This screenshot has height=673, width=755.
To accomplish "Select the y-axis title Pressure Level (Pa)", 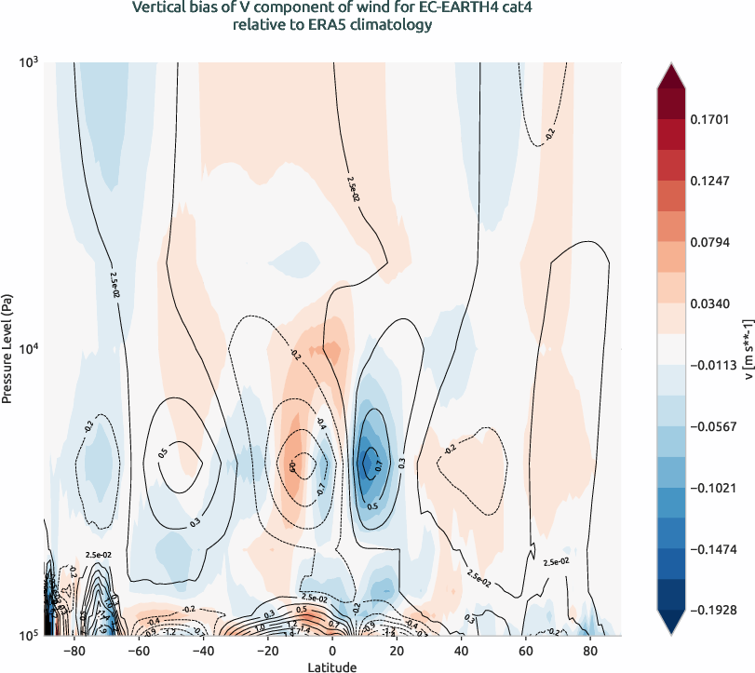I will click(x=7, y=350).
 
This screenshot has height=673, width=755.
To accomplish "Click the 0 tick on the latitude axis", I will click(x=332, y=652).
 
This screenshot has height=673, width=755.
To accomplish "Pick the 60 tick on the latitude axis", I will click(x=525, y=652).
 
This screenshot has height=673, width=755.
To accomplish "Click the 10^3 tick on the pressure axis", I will click(x=28, y=63).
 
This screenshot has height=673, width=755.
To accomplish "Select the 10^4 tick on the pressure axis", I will click(x=28, y=349).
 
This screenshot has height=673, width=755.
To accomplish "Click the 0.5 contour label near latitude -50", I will click(x=164, y=453).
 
